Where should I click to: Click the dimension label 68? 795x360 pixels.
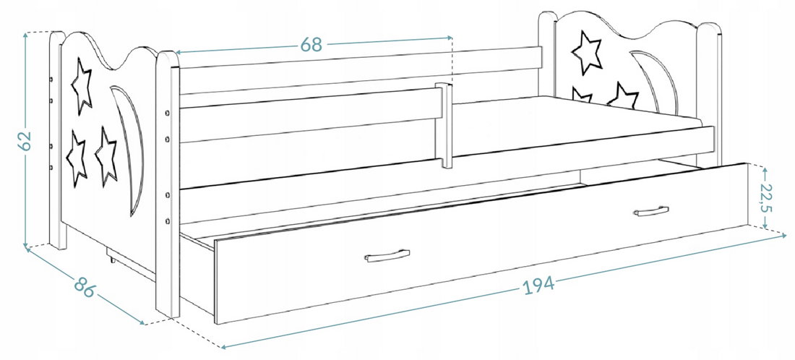click(311, 45)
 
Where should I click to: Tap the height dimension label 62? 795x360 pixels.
click(25, 140)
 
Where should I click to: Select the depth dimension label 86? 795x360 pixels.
click(85, 287)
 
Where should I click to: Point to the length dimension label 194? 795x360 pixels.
click(538, 286)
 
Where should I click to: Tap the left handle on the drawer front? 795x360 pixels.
click(387, 256)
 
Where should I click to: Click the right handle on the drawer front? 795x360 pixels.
click(651, 211)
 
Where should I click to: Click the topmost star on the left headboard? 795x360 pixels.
click(82, 86)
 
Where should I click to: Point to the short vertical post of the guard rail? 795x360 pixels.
click(444, 125)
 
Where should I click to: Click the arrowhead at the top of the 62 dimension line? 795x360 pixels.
click(25, 35)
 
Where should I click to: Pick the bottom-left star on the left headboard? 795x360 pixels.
click(77, 158)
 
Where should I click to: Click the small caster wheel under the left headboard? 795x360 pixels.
click(111, 259)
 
